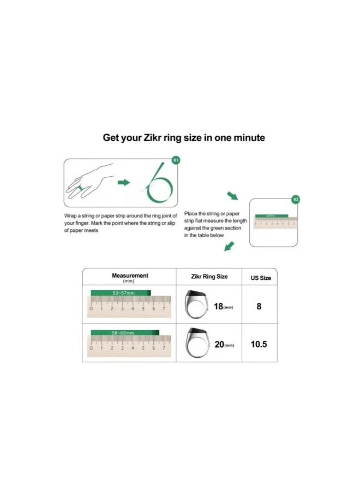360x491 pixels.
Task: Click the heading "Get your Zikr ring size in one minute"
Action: point(184,137)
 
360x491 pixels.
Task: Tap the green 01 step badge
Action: point(175,160)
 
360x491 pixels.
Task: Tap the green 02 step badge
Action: point(296,200)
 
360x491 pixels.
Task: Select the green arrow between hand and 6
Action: point(124,182)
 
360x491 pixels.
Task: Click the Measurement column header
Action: point(130,278)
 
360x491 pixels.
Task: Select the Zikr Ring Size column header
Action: point(209,277)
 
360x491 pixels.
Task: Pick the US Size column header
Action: point(260,278)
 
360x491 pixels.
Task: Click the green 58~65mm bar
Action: point(125,332)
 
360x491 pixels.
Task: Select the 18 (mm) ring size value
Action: point(223,307)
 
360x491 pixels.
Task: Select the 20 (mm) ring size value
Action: point(223,345)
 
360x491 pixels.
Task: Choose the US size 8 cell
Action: point(259,306)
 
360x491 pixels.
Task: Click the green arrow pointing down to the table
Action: point(229,248)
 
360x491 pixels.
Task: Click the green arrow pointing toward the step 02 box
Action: point(233,196)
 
